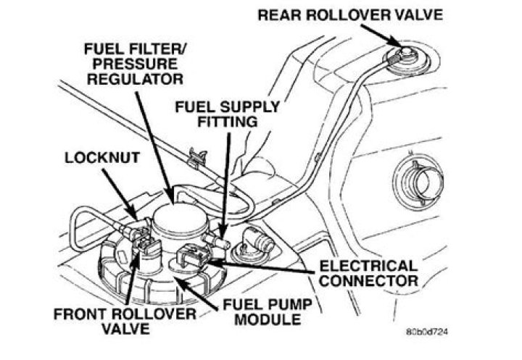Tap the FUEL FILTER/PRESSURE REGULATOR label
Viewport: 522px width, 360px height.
pos(133,62)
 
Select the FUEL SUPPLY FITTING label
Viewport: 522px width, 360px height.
pos(227,114)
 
